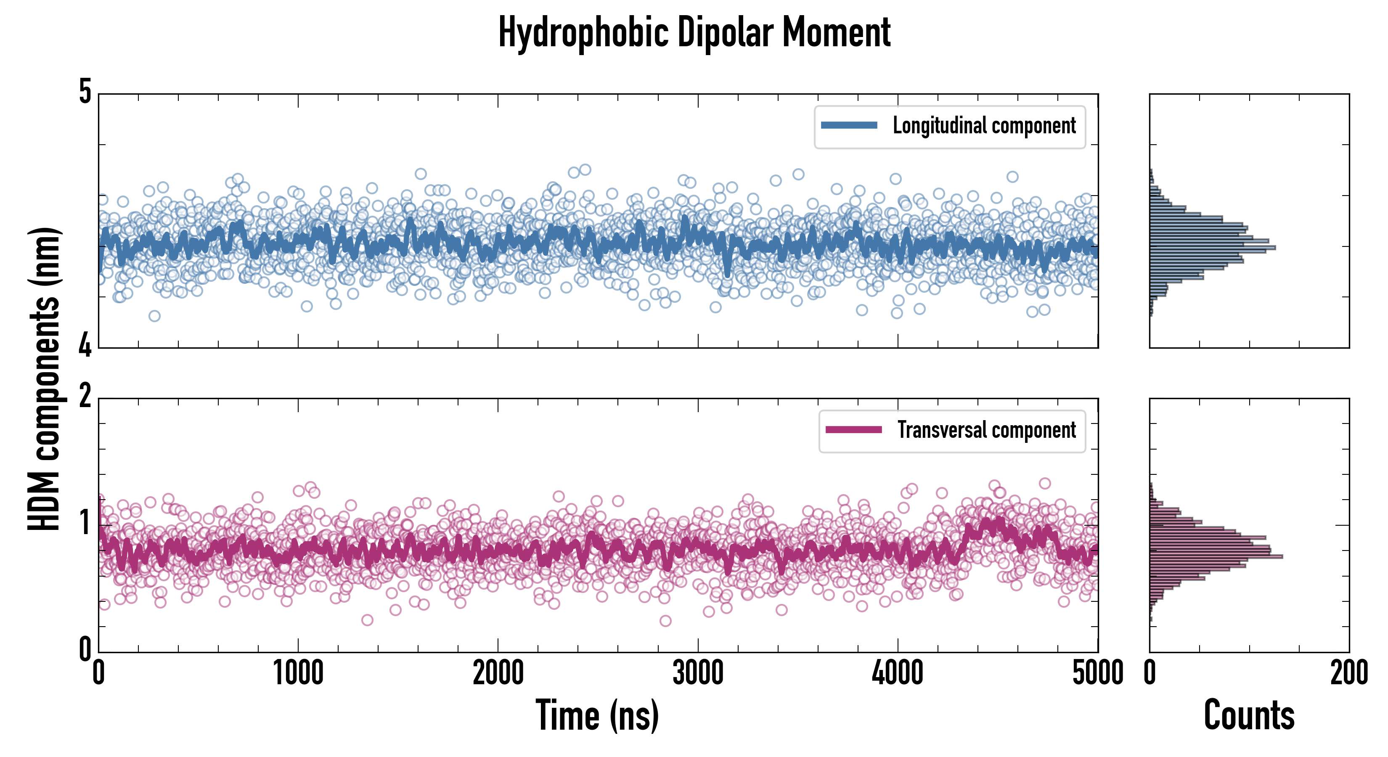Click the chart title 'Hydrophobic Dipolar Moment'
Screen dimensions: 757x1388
[x=694, y=32]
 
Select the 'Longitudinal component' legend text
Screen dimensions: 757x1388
[x=984, y=126]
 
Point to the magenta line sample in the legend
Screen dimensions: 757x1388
[x=853, y=430]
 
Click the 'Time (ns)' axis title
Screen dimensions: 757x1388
[x=597, y=715]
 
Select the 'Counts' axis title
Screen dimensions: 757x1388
[x=1249, y=715]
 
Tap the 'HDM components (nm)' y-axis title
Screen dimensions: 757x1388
[x=44, y=379]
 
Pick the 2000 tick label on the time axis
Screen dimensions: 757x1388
[x=498, y=673]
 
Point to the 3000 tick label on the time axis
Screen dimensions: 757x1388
[x=698, y=673]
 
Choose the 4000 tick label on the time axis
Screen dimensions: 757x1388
[x=898, y=673]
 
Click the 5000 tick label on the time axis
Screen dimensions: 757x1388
[x=1098, y=673]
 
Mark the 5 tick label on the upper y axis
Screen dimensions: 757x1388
[x=85, y=92]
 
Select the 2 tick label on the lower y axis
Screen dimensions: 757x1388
[x=85, y=397]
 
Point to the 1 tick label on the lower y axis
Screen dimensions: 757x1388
[x=85, y=523]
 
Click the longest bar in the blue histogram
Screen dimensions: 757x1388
[x=1212, y=248]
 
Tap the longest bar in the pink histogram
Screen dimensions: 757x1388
[x=1216, y=556]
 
